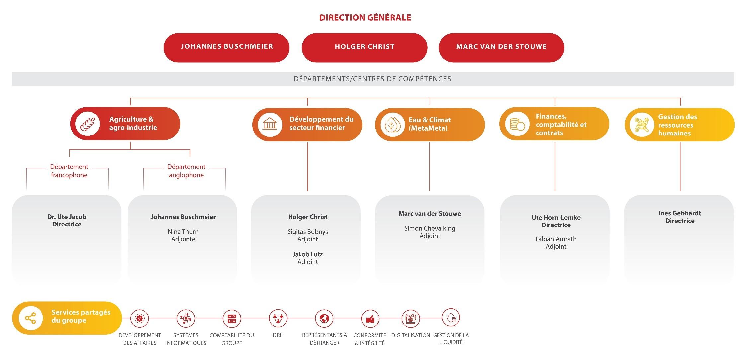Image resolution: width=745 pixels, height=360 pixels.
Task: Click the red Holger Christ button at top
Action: (x=364, y=47)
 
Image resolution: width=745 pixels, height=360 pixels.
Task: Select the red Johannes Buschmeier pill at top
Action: (x=226, y=47)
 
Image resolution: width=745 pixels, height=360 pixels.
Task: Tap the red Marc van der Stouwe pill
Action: (x=501, y=47)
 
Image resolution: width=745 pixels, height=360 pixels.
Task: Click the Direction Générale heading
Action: (x=365, y=18)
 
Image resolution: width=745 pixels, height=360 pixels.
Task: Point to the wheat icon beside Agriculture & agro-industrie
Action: (x=88, y=124)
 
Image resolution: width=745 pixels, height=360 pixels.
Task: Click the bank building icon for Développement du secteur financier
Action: (x=270, y=125)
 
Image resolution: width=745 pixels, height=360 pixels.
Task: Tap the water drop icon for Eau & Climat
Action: (x=392, y=125)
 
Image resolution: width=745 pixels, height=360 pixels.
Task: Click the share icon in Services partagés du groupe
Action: (x=31, y=318)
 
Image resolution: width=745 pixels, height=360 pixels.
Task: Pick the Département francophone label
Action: (x=69, y=171)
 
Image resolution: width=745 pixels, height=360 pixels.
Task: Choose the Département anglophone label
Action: (x=186, y=171)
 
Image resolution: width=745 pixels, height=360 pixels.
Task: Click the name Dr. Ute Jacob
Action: (x=67, y=217)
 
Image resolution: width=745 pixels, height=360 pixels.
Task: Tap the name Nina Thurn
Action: (x=183, y=232)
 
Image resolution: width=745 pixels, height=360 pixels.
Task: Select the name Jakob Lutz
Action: (x=307, y=254)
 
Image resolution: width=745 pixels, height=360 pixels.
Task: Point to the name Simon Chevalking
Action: (x=430, y=228)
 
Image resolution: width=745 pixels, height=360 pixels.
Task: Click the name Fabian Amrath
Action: (x=556, y=239)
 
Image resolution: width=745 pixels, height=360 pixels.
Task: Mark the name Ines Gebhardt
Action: (x=680, y=213)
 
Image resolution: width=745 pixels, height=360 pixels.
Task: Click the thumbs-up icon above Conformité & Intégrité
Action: (x=370, y=319)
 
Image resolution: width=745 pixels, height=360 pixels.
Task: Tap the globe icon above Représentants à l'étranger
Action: (x=324, y=318)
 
